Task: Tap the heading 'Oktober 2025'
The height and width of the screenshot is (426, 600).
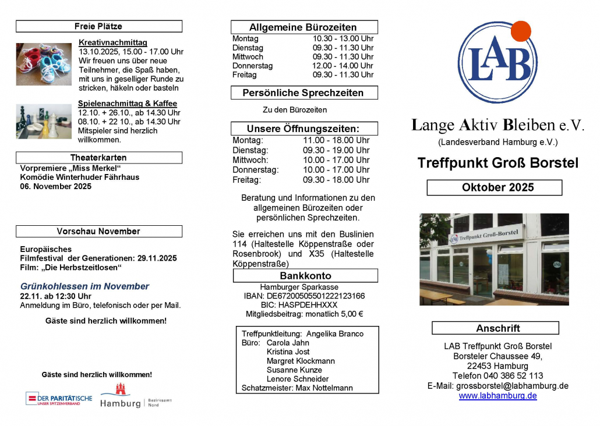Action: pos(494,187)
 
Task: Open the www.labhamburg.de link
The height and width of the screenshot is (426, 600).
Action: pos(497,396)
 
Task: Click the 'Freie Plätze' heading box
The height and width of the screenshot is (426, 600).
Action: pos(98,26)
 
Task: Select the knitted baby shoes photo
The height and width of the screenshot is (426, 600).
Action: pos(44,64)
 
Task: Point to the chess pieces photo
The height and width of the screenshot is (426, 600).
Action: pos(44,121)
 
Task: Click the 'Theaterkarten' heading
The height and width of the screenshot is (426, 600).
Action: pos(98,158)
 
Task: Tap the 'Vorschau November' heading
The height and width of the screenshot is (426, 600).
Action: pos(98,231)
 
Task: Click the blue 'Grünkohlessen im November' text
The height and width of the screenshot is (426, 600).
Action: pos(84,286)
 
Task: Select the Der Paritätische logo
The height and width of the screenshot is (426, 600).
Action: pos(59,399)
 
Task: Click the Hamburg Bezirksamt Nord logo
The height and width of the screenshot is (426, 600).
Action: pos(136,396)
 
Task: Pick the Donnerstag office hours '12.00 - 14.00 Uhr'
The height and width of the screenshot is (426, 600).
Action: pos(343,66)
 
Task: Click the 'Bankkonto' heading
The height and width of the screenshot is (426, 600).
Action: pos(305,276)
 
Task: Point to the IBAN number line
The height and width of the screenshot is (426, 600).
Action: pos(305,296)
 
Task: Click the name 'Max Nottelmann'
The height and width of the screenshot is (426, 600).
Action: pos(324,388)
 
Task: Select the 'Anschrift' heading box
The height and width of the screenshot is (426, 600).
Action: pos(495,328)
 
